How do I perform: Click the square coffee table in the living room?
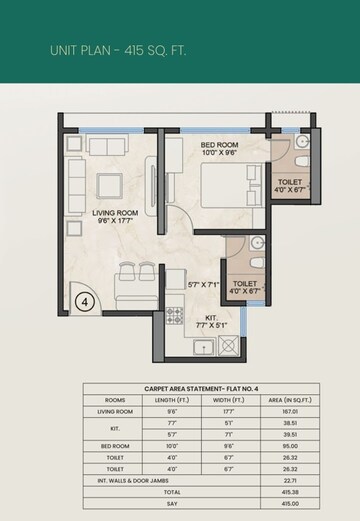pyautogui.click(x=109, y=186)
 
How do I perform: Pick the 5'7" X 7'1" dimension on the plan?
pyautogui.click(x=203, y=285)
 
